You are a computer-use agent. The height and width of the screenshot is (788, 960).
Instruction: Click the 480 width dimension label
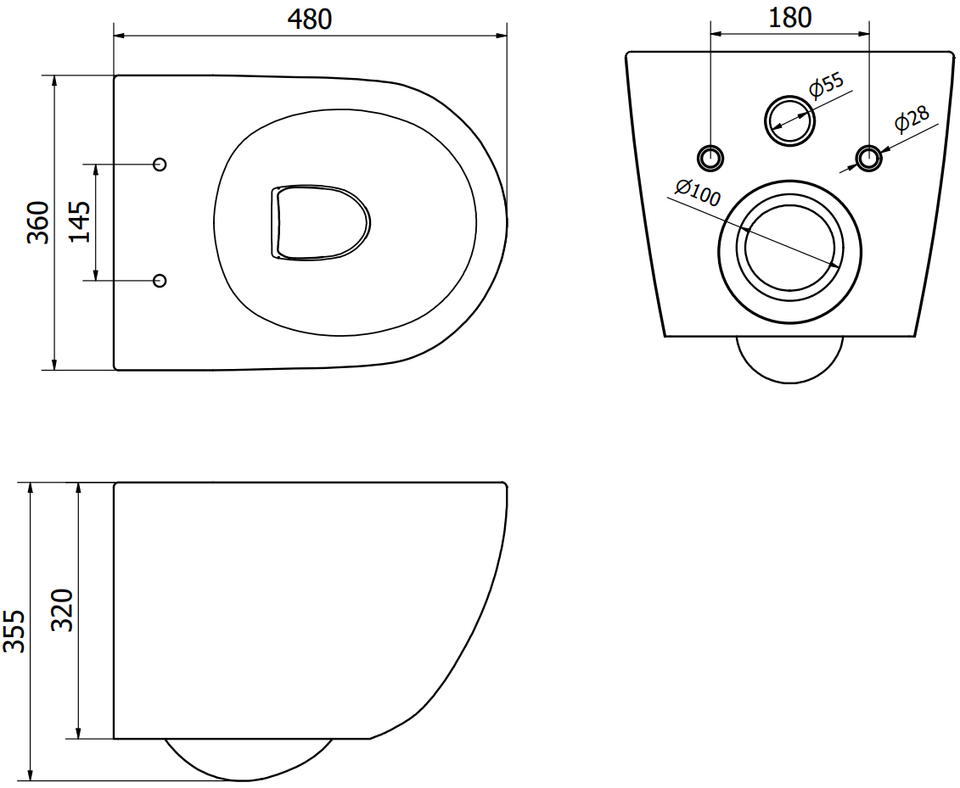pos(310,19)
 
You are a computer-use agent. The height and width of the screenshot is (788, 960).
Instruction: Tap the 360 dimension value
pos(38,222)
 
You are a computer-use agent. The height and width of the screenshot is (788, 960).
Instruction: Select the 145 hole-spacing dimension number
pos(80,221)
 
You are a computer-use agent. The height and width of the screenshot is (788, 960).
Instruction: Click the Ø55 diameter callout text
pos(826,85)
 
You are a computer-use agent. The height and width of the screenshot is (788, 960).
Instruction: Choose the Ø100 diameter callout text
pos(698,193)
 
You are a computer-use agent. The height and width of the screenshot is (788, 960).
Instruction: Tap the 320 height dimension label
pos(63,610)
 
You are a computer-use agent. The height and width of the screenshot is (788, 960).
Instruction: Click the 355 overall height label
pos(14,631)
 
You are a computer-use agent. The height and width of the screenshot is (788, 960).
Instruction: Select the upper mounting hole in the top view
pos(160,164)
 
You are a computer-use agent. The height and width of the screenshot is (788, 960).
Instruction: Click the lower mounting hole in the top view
pos(160,280)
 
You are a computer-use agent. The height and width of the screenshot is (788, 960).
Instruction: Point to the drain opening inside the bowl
pos(320,221)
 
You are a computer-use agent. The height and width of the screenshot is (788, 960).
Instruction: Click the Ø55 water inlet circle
pos(789,120)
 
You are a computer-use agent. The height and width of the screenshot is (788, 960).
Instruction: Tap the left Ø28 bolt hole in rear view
pos(710,158)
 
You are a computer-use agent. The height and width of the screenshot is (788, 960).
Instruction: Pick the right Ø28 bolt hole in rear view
pos(869,158)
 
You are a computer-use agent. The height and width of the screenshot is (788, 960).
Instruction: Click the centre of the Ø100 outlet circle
pos(789,251)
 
